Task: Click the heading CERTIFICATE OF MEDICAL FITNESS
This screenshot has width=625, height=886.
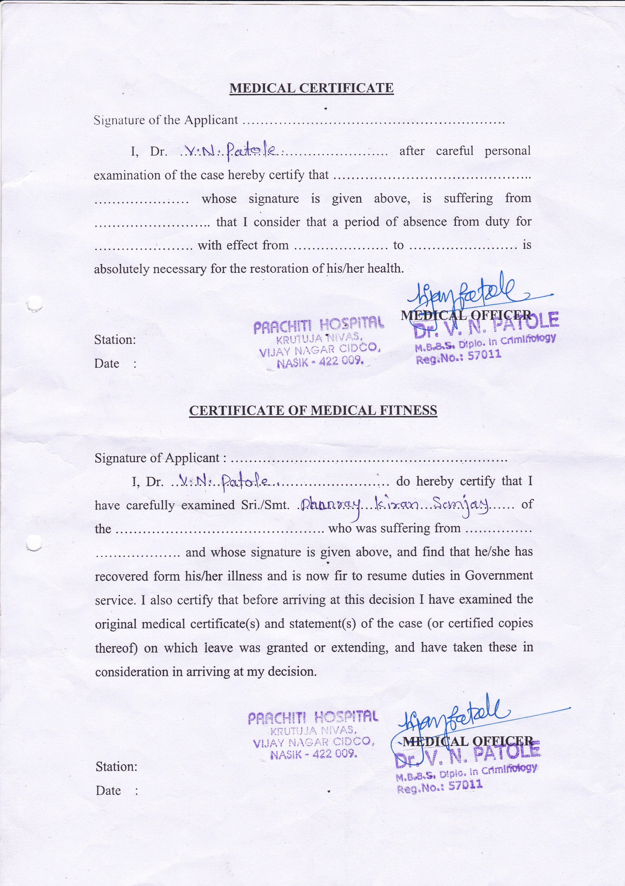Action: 313,410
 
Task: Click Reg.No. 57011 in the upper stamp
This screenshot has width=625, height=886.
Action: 458,357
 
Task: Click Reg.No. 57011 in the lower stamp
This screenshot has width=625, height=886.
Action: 439,786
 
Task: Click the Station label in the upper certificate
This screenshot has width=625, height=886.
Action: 115,340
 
